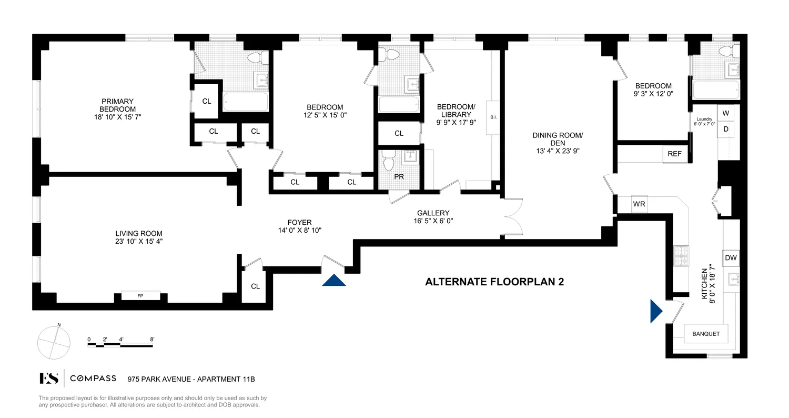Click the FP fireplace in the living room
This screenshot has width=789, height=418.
point(140,296)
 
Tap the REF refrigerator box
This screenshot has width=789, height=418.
point(674,154)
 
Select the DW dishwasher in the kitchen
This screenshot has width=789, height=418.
point(731,257)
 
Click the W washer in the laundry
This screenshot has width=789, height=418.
point(726,113)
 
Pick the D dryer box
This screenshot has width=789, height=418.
point(726,129)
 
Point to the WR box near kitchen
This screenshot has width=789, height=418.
point(639,204)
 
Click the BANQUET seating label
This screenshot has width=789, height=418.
point(706,334)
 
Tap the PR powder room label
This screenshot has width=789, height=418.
point(399,177)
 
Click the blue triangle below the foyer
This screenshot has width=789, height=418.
point(334,280)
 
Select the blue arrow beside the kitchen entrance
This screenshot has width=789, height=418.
point(656,311)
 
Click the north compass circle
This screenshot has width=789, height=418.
point(54,342)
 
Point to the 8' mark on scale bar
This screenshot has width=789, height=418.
point(152,340)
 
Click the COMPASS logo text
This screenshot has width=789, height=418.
point(93,379)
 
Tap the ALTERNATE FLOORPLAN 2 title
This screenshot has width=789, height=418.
point(494,282)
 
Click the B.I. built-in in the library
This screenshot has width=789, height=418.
point(493,117)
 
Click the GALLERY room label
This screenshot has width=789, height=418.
point(433,213)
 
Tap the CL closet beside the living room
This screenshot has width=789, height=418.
point(255,286)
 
